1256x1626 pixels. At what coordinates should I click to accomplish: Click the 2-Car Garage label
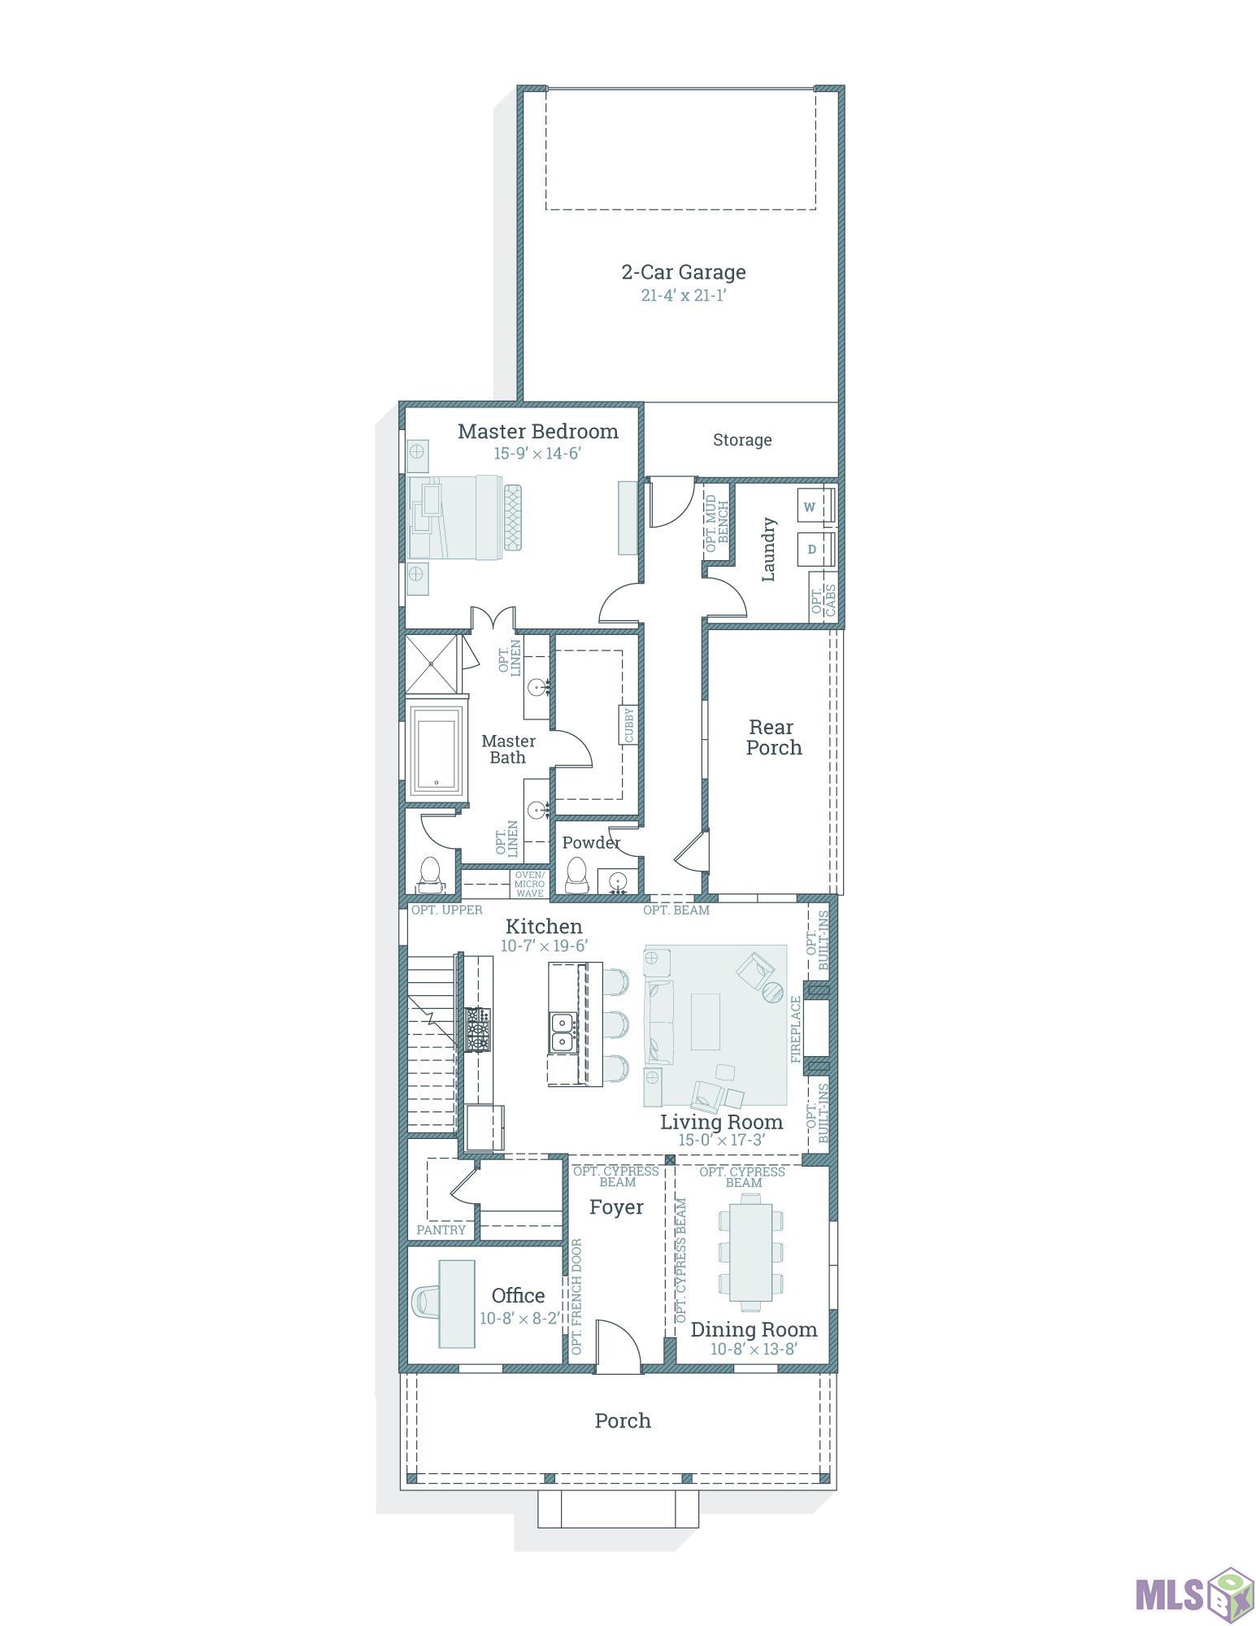pos(683,272)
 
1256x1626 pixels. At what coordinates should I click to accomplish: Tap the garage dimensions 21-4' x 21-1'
pos(683,295)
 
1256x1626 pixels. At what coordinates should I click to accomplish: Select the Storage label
pos(742,440)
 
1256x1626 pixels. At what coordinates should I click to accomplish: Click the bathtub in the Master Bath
pos(437,750)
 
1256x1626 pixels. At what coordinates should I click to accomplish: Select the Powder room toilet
pos(576,875)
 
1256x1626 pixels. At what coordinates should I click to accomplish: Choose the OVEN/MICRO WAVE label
pos(530,884)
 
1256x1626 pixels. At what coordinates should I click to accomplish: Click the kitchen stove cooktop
pos(477,1029)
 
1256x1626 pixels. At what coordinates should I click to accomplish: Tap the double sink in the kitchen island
pos(562,1032)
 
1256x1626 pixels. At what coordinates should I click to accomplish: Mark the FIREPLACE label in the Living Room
pos(796,1029)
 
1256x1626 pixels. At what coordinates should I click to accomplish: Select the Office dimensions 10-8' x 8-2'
pos(519,1318)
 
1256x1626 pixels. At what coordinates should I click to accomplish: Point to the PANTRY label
pos(441,1230)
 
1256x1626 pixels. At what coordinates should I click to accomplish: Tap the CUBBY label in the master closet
pos(629,724)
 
